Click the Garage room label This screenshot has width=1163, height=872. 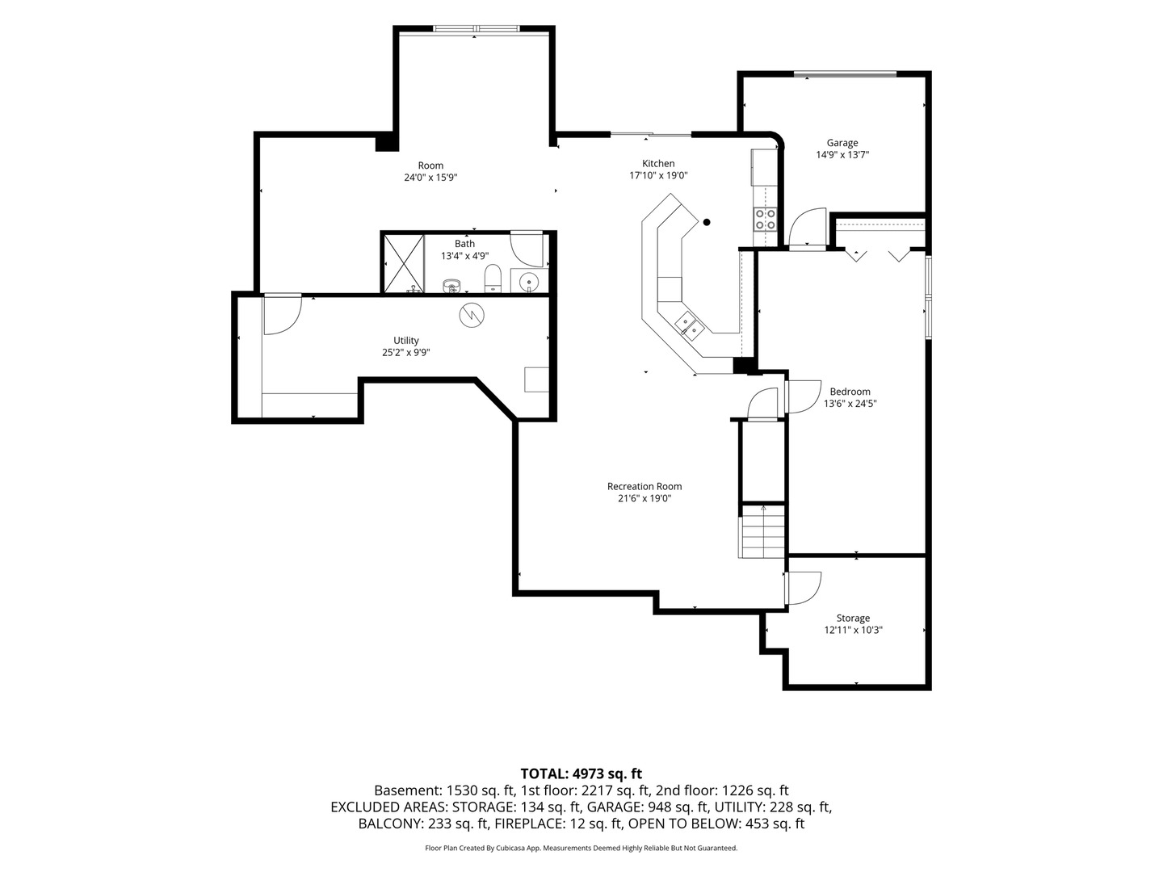pyautogui.click(x=842, y=143)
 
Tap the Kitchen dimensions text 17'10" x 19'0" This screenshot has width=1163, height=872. pyautogui.click(x=658, y=176)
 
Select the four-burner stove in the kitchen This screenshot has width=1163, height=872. pyautogui.click(x=765, y=219)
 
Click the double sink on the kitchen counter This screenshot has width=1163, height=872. pyautogui.click(x=689, y=325)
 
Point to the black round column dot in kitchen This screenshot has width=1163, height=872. pyautogui.click(x=706, y=222)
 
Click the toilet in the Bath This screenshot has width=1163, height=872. pyautogui.click(x=492, y=279)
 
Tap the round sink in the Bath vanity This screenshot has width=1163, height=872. pyautogui.click(x=527, y=280)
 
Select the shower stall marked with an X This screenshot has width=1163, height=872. pyautogui.click(x=404, y=264)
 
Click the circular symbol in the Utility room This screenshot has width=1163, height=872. pyautogui.click(x=472, y=316)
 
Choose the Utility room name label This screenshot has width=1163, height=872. pyautogui.click(x=406, y=341)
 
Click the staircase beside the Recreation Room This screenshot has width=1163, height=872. pyautogui.click(x=762, y=531)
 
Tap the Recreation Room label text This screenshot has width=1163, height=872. pyautogui.click(x=644, y=487)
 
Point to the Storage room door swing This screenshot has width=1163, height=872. pyautogui.click(x=804, y=589)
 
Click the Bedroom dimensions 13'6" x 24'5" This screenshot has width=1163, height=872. pyautogui.click(x=850, y=404)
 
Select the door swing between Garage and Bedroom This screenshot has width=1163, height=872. pyautogui.click(x=807, y=227)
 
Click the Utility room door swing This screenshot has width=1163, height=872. pyautogui.click(x=283, y=315)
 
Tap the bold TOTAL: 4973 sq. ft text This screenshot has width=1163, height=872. pyautogui.click(x=581, y=774)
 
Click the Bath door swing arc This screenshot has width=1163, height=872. pyautogui.click(x=527, y=249)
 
